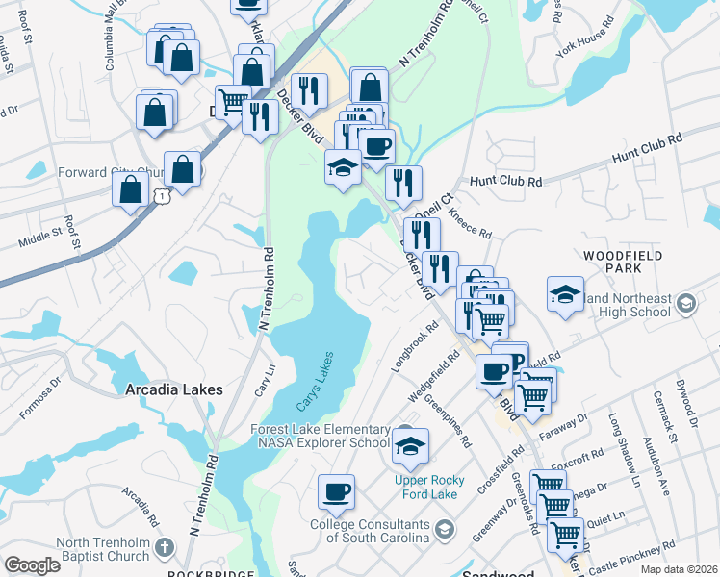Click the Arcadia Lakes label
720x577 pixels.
click(x=174, y=389)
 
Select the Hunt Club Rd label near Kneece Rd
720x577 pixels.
click(x=506, y=180)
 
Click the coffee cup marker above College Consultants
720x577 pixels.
click(x=337, y=491)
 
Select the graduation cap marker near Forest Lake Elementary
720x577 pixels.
click(x=410, y=445)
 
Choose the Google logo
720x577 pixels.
click(x=32, y=565)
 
